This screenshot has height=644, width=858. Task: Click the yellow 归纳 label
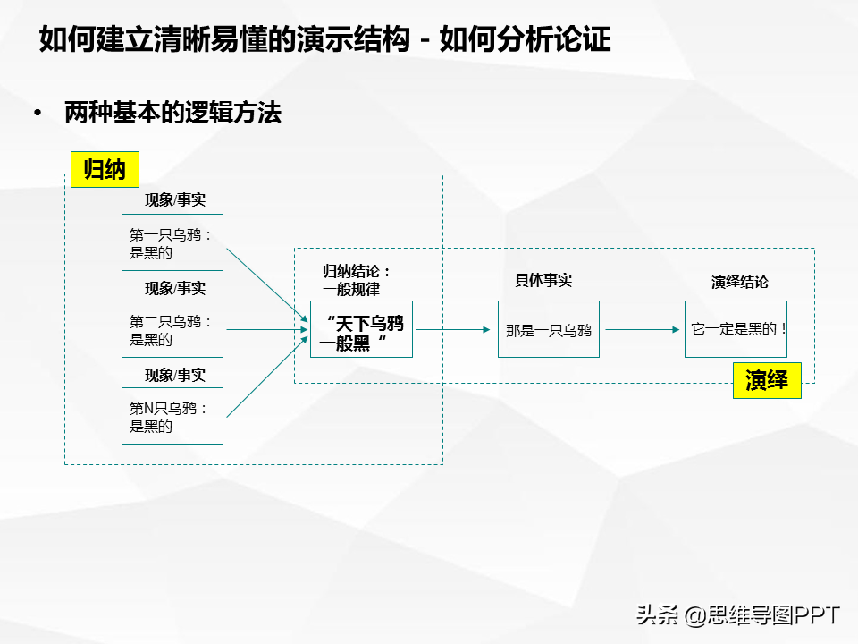[x=105, y=169]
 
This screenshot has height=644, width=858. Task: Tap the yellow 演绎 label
[x=767, y=380]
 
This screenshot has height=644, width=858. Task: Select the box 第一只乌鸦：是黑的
[x=172, y=242]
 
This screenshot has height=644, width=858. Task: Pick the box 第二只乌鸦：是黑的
[x=172, y=329]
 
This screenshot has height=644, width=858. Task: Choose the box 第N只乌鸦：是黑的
[x=172, y=416]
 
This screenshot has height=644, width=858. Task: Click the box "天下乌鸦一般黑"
[x=361, y=329]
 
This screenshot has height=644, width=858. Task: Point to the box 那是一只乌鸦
[x=548, y=329]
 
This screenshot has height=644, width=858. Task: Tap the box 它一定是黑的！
[x=736, y=329]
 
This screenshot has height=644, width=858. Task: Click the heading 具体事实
[x=543, y=280]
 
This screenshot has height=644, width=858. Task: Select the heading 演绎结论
[x=740, y=282]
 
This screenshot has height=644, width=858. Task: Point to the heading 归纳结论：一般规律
[x=357, y=280]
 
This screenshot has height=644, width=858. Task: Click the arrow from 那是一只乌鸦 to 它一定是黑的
[x=643, y=330]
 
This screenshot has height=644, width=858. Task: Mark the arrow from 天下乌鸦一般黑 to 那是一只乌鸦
[x=453, y=330]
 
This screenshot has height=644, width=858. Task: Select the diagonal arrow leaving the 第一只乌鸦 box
[x=267, y=285]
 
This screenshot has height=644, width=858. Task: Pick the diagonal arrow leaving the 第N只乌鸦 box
[x=267, y=377]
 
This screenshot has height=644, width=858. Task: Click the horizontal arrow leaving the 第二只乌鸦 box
[x=267, y=330]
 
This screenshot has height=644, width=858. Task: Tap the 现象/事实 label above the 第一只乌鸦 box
[x=175, y=199]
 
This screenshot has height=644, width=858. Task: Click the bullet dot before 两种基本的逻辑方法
[x=38, y=113]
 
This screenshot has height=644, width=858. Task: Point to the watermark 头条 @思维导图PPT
[x=737, y=615]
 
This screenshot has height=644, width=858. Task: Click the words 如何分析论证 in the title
[x=525, y=39]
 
